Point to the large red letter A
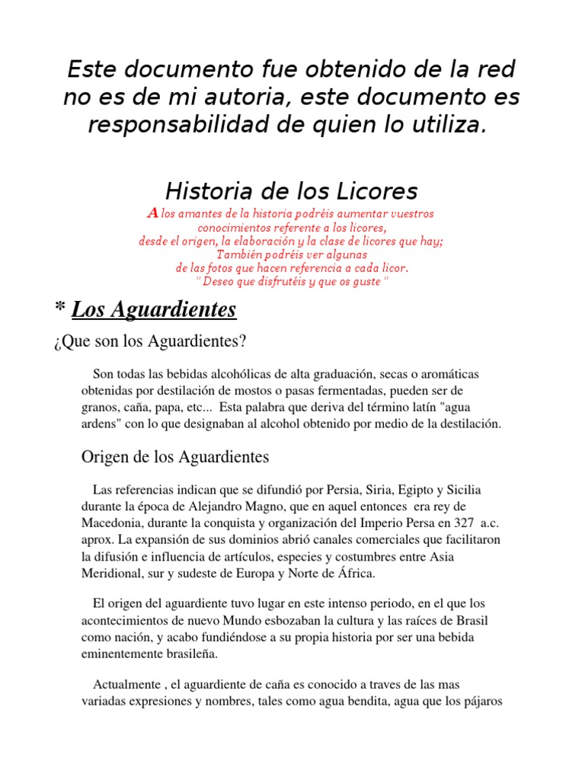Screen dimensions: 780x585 click(152, 214)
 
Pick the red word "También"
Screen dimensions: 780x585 click(242, 254)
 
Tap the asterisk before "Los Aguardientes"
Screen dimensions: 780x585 click(59, 310)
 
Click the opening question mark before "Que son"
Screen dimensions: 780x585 click(57, 342)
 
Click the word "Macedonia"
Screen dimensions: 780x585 click(113, 523)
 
